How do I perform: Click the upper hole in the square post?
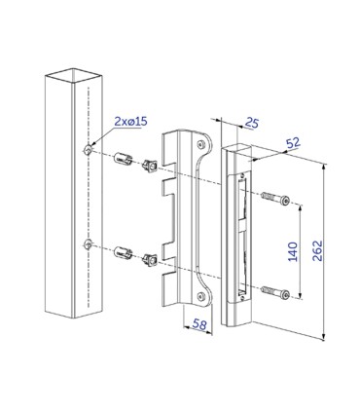tap(89, 150)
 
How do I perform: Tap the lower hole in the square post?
tap(89, 243)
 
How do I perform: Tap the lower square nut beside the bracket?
tap(151, 258)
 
